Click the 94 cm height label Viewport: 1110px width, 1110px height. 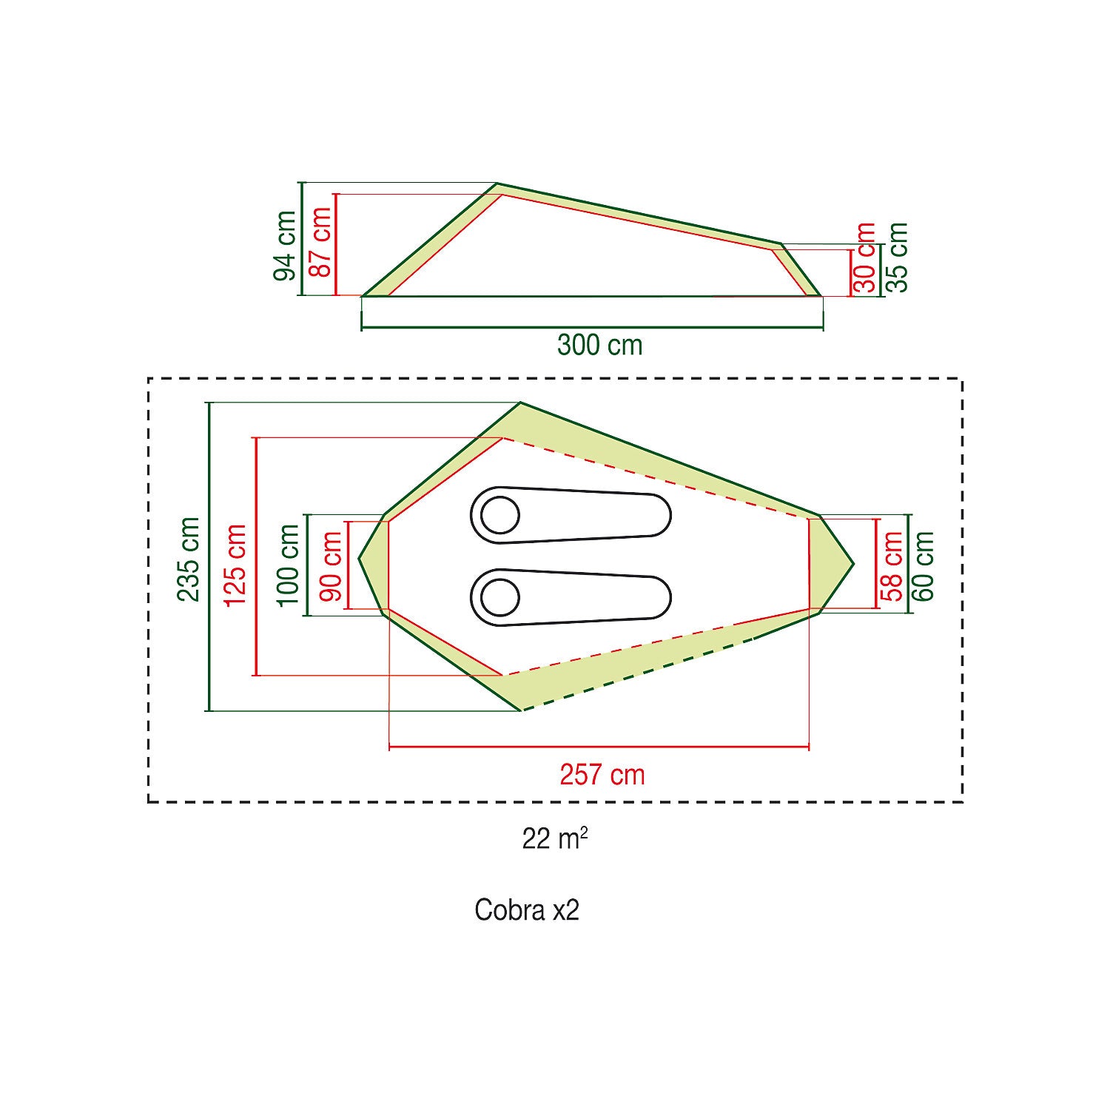click(285, 246)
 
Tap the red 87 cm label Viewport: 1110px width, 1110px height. click(320, 242)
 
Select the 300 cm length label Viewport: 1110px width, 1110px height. click(600, 345)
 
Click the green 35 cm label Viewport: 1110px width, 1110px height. click(896, 258)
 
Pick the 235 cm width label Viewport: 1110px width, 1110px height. click(189, 559)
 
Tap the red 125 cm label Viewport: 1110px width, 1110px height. click(235, 565)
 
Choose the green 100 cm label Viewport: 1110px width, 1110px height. click(288, 565)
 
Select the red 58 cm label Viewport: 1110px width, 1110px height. click(893, 566)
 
